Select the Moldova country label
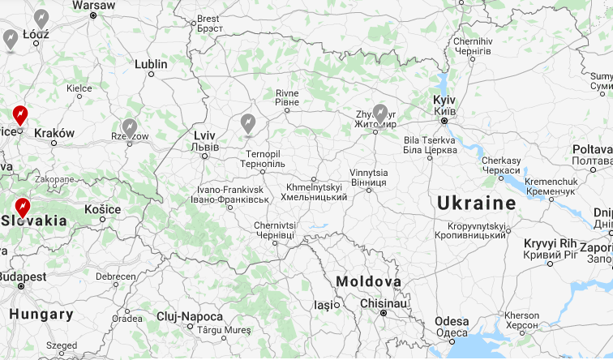(x=369, y=281)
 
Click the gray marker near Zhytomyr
(x=380, y=115)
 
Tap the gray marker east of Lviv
(x=248, y=123)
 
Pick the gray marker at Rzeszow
(x=130, y=127)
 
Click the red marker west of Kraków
(x=20, y=116)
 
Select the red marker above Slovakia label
(x=23, y=208)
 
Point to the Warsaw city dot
(x=93, y=15)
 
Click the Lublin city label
(x=151, y=64)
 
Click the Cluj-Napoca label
(x=190, y=316)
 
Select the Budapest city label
(x=23, y=276)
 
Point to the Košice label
(x=102, y=209)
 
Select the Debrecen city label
(x=115, y=276)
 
